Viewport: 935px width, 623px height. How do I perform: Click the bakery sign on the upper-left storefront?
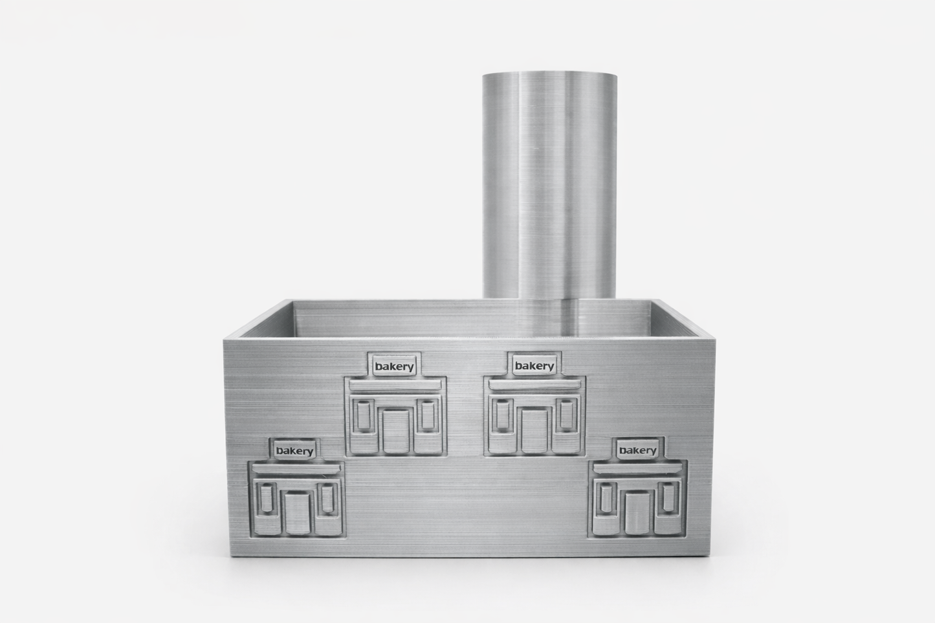pyautogui.click(x=394, y=366)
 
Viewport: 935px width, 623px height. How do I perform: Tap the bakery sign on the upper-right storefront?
pyautogui.click(x=534, y=366)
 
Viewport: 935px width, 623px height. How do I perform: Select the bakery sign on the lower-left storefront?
pyautogui.click(x=294, y=451)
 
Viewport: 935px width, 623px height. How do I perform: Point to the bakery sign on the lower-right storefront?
pyautogui.click(x=637, y=450)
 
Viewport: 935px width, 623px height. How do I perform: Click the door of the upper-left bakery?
pyautogui.click(x=396, y=431)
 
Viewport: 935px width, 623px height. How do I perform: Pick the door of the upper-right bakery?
pyautogui.click(x=534, y=431)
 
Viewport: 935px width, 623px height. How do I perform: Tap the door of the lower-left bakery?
pyautogui.click(x=298, y=513)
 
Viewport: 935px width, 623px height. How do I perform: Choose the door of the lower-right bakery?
pyautogui.click(x=637, y=512)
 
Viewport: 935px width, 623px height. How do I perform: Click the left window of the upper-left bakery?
pyautogui.click(x=364, y=415)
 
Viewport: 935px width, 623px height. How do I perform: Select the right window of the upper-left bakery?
pyautogui.click(x=428, y=415)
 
